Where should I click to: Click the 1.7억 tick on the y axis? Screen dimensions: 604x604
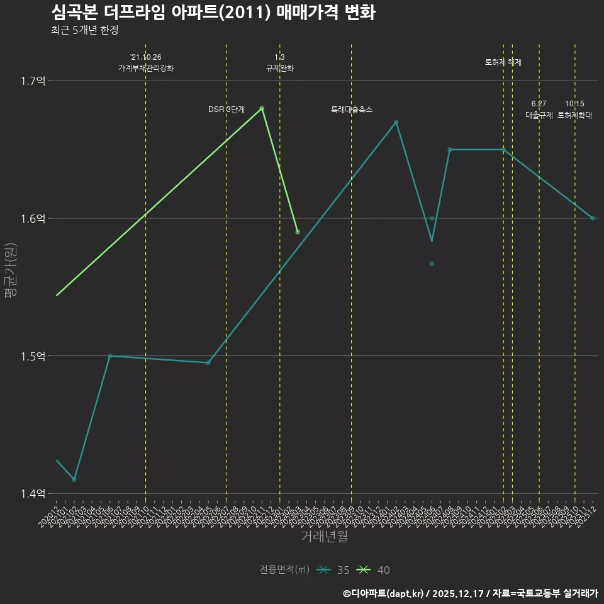coord(33,81)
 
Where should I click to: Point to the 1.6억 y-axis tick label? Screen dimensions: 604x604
coord(33,218)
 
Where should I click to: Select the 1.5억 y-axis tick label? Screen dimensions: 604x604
coord(33,356)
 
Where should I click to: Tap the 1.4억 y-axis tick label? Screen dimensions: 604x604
coord(33,493)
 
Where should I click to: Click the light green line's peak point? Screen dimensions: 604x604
coord(262,108)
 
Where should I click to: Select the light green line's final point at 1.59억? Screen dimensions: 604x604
coord(298,232)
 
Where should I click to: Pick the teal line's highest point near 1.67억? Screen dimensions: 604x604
coord(396,122)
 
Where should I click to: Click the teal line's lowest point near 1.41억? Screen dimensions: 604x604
coord(74,479)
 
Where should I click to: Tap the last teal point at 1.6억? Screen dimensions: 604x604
coord(593,218)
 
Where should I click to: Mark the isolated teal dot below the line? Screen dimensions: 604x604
coord(432,264)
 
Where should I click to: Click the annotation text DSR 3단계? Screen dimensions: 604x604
coord(226,109)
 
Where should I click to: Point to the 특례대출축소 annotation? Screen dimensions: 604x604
coord(352,109)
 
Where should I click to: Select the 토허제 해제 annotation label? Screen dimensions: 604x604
coord(503,62)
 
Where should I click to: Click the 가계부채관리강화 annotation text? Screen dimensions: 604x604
coord(146,68)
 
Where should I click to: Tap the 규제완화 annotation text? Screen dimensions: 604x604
coord(280,68)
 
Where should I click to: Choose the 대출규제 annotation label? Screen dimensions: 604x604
coord(539,115)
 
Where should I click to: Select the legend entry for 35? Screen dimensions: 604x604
coord(333,570)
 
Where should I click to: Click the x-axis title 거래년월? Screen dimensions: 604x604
coord(324,536)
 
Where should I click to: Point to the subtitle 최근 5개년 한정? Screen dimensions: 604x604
coord(85,30)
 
